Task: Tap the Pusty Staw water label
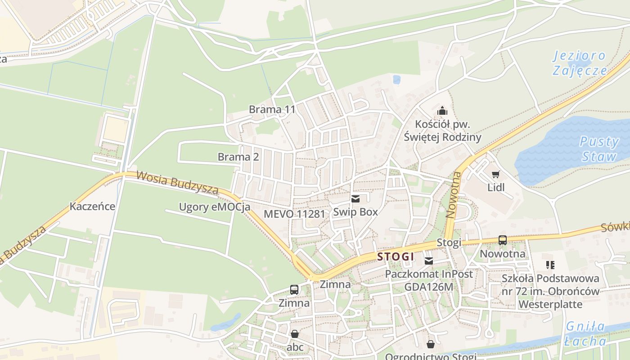[599, 149]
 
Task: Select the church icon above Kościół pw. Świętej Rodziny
[442, 111]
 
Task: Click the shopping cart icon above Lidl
[496, 174]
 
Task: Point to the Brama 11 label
[272, 109]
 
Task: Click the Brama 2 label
[238, 157]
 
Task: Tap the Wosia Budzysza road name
[177, 182]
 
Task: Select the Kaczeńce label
[92, 207]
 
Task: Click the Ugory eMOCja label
[215, 207]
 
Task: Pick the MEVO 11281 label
[294, 214]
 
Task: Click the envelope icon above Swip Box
[355, 199]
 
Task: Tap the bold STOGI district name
[396, 256]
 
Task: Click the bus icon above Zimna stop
[294, 290]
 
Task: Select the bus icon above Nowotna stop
[503, 241]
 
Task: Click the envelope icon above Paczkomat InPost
[429, 261]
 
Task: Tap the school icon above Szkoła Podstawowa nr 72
[550, 265]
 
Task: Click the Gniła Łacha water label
[585, 333]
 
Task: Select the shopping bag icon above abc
[295, 334]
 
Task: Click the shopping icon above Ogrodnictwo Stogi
[431, 344]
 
